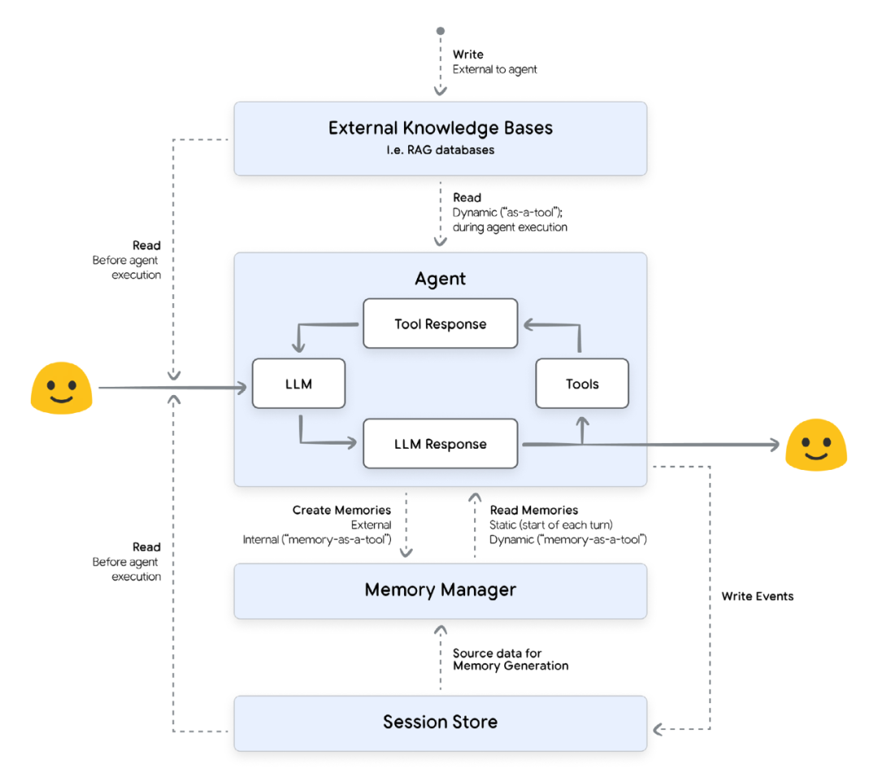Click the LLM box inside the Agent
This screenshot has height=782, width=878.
tap(298, 384)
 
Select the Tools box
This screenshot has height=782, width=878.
tap(582, 384)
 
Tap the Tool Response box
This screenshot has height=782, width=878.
tap(440, 324)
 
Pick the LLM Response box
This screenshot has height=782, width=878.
tap(440, 444)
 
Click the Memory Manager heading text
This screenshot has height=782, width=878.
tap(440, 589)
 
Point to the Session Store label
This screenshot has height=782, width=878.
tap(440, 721)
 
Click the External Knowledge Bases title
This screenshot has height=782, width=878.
tap(440, 128)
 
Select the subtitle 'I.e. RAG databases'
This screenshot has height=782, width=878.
tap(440, 150)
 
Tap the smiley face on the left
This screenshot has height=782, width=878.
tap(60, 387)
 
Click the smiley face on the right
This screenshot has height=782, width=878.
tap(815, 445)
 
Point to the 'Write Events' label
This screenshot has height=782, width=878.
tap(757, 596)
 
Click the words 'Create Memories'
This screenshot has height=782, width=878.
tap(341, 510)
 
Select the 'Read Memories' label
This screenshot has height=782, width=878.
tap(534, 510)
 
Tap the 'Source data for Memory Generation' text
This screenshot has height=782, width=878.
tap(510, 659)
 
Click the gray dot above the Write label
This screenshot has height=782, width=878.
tap(441, 31)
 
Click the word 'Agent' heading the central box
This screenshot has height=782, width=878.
tap(440, 279)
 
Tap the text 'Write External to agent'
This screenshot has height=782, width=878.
tap(493, 62)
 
